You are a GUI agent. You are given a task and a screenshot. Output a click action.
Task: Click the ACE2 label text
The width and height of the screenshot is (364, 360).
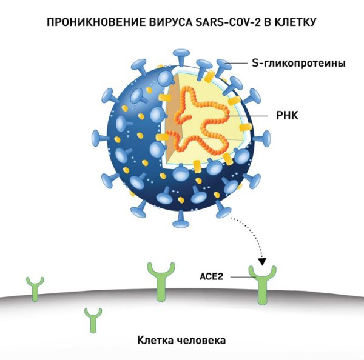(212, 276)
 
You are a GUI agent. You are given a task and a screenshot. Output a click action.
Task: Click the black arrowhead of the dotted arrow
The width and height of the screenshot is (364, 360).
(263, 262)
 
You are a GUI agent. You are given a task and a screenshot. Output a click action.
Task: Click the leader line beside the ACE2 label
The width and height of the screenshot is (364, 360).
(240, 276)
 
